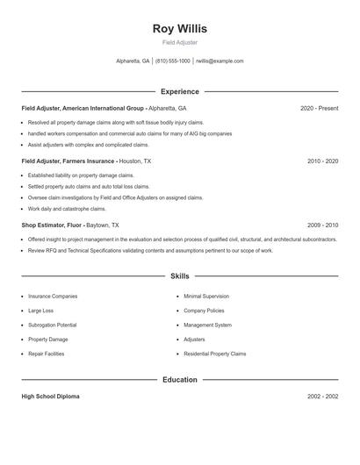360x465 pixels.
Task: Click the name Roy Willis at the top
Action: click(x=179, y=28)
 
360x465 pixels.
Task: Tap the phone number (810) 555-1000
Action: click(x=174, y=61)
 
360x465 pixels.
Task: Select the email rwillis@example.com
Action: click(x=220, y=61)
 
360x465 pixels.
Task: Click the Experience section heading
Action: click(x=179, y=91)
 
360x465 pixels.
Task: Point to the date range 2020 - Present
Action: click(x=319, y=108)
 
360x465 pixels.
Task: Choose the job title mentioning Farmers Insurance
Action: click(x=85, y=161)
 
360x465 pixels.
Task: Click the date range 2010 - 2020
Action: click(x=322, y=161)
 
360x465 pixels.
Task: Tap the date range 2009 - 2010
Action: click(x=322, y=225)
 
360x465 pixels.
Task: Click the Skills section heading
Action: click(x=179, y=275)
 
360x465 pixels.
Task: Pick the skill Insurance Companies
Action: click(x=53, y=297)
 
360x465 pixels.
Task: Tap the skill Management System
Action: click(x=207, y=325)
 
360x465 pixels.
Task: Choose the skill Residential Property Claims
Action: click(x=214, y=353)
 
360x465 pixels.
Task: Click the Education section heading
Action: click(x=179, y=380)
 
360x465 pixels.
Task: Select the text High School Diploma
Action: click(x=50, y=397)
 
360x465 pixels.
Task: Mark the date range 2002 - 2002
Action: click(x=322, y=397)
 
